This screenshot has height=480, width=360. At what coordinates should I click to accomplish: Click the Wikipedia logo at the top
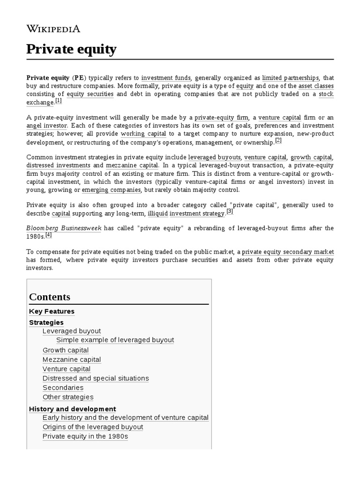point(53,29)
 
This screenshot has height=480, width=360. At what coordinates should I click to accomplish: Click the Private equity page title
point(71,49)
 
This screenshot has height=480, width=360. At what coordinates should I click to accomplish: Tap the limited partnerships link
point(291,77)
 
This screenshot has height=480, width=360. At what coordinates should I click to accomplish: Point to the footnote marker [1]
point(58,100)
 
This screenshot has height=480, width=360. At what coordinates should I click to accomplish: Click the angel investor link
point(47,126)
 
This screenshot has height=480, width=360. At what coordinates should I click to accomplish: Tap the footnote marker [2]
point(278,140)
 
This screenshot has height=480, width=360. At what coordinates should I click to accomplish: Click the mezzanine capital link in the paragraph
point(132,165)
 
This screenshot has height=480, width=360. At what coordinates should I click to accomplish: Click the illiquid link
point(157,213)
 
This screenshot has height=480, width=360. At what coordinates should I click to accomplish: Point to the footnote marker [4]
point(48,234)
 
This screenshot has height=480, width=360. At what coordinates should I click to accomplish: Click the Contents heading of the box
point(50,297)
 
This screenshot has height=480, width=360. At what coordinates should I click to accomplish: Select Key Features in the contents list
point(52,311)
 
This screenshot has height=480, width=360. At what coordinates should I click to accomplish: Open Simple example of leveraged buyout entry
point(115,340)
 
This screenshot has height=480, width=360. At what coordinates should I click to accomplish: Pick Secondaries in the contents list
point(63,388)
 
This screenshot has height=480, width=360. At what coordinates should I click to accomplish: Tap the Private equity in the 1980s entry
point(85,436)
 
